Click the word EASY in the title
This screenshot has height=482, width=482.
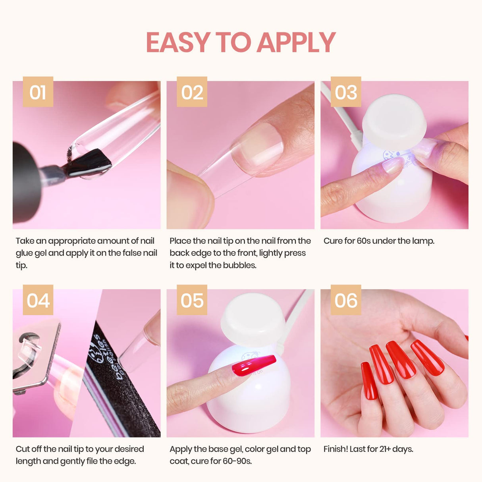coord(178,42)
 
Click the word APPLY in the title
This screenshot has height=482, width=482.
coord(296,42)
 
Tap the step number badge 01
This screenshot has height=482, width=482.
coord(38,92)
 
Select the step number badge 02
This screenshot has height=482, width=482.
coord(192,92)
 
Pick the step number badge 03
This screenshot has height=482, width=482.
coord(346,92)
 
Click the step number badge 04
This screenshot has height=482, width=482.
coord(38,300)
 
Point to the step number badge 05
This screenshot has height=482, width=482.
coord(192,300)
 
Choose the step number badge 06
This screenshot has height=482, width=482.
coord(346,300)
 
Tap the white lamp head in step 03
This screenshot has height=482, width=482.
coord(394,117)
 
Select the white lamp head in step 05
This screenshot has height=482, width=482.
coord(253,318)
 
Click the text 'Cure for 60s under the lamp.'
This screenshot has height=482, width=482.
coord(379,241)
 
